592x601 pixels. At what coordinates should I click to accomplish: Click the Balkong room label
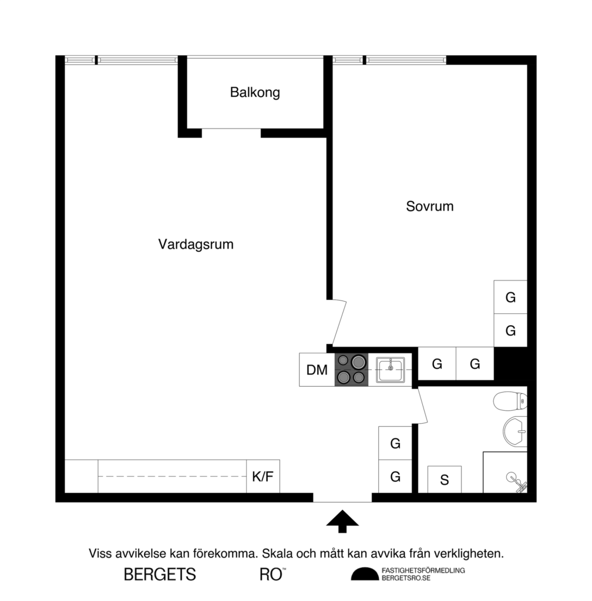(x=255, y=92)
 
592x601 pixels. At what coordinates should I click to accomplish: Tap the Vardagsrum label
(x=196, y=244)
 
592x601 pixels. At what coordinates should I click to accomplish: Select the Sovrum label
(x=430, y=207)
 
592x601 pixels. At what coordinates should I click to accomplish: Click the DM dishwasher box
(x=317, y=370)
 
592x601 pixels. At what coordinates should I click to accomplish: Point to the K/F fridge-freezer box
(x=263, y=476)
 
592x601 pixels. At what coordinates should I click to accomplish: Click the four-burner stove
(x=351, y=370)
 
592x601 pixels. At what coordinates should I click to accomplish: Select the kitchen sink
(x=390, y=370)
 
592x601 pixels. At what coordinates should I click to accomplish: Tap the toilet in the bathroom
(x=510, y=402)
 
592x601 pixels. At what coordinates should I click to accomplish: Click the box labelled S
(x=444, y=480)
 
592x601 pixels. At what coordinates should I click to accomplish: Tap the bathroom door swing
(x=422, y=406)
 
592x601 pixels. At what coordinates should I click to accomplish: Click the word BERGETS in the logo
(x=160, y=575)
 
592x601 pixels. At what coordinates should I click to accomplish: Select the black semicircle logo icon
(x=365, y=574)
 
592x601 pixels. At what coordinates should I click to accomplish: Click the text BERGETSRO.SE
(x=406, y=578)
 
